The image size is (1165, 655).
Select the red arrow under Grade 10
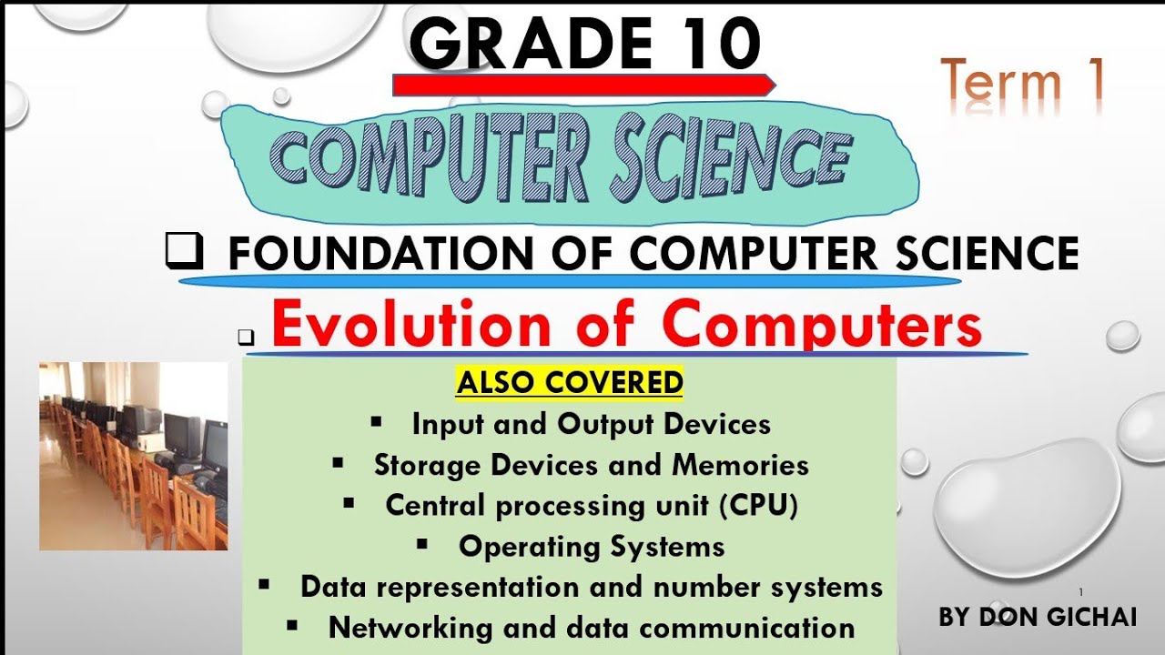click(582, 86)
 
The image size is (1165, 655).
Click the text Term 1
click(1022, 82)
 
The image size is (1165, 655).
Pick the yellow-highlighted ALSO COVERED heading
click(570, 383)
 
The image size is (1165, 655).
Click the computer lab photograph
click(133, 456)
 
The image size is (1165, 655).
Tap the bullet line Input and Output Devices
click(591, 424)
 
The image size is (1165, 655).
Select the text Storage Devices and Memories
click(591, 465)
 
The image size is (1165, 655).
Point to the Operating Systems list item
click(592, 546)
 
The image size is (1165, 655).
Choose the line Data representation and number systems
click(592, 587)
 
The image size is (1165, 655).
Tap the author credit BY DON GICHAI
click(1038, 617)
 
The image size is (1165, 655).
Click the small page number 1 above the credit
click(1080, 592)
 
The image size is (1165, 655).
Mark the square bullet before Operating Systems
click(422, 544)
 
